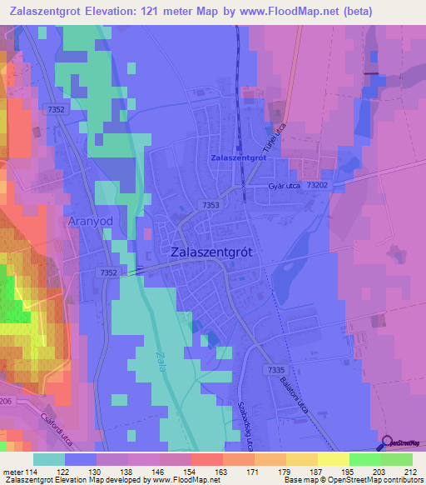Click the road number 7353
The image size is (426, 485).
point(211,204)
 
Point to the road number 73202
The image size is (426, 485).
point(319,186)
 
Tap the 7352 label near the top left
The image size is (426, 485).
point(57,110)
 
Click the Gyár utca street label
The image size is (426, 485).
point(283,187)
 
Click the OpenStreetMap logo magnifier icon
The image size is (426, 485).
point(388,444)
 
